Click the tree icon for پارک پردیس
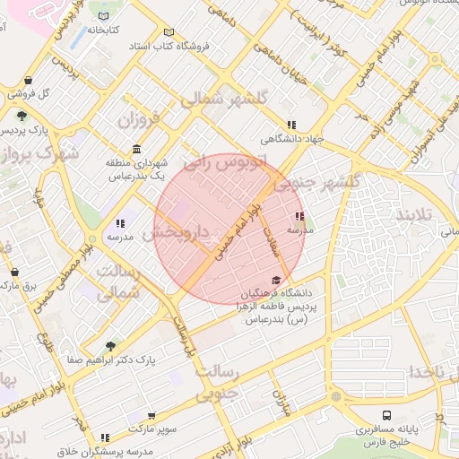(21, 115)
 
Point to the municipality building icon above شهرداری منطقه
(135, 149)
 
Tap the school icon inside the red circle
(299, 216)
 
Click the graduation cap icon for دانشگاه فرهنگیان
(275, 281)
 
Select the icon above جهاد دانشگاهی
(290, 126)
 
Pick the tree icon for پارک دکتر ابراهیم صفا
(110, 346)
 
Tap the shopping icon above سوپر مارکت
(152, 416)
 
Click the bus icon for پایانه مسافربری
(387, 416)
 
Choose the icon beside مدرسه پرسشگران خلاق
(105, 438)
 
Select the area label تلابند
(415, 215)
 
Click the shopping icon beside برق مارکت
(14, 271)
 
